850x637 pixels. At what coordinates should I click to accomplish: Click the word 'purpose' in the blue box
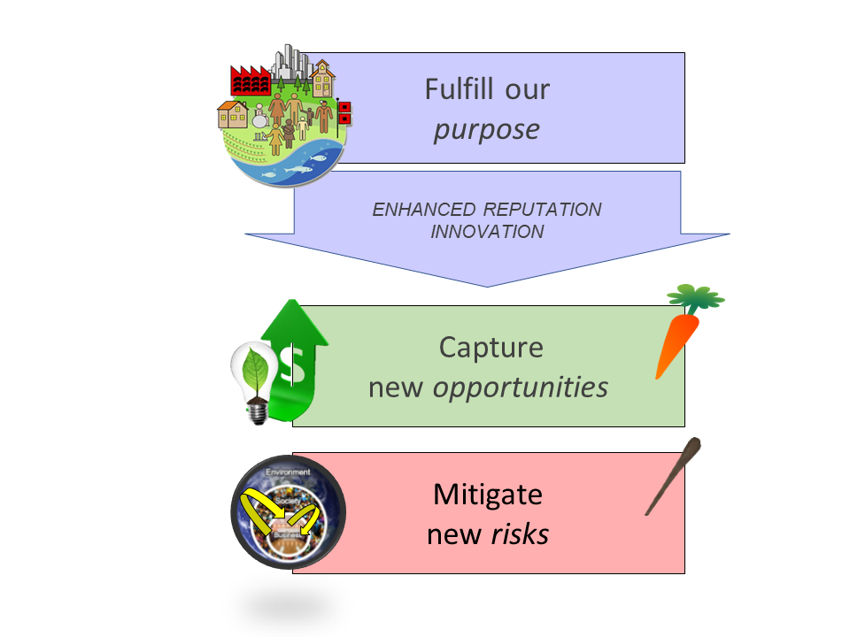pos(486,130)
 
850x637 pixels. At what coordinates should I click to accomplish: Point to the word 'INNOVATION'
pos(486,232)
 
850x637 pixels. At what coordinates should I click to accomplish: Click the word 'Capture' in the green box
pos(491,346)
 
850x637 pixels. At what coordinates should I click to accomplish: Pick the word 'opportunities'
pos(520,387)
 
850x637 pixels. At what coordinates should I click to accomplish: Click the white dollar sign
pos(290,363)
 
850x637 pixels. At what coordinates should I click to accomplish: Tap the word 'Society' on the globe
pos(285,500)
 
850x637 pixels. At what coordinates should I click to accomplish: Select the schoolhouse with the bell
pos(322,80)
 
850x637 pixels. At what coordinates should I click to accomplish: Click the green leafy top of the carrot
pos(695,297)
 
